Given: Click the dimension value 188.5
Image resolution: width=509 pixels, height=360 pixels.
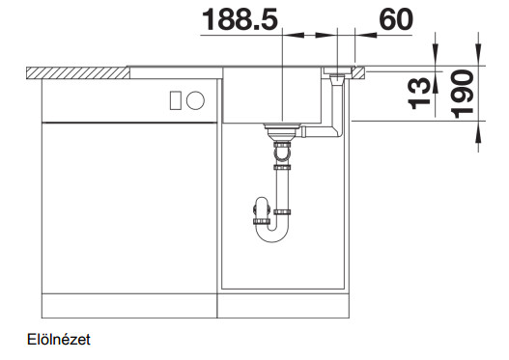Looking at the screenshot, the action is click(240, 19).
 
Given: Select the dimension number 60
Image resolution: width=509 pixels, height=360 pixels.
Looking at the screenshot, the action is click(396, 19).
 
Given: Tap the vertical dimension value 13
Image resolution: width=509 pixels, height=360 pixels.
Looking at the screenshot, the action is click(419, 94).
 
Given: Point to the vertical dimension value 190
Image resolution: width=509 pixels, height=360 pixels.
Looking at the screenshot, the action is click(463, 94).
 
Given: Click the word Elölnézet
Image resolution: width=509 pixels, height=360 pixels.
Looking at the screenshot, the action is click(59, 340).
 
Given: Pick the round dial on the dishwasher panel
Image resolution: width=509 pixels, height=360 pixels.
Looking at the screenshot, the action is click(195, 100).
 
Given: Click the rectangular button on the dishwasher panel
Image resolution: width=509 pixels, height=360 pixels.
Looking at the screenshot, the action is click(176, 100).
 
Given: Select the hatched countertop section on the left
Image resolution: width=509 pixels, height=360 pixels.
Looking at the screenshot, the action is click(78, 73).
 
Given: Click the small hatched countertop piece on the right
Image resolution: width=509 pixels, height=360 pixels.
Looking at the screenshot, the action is click(358, 73).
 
